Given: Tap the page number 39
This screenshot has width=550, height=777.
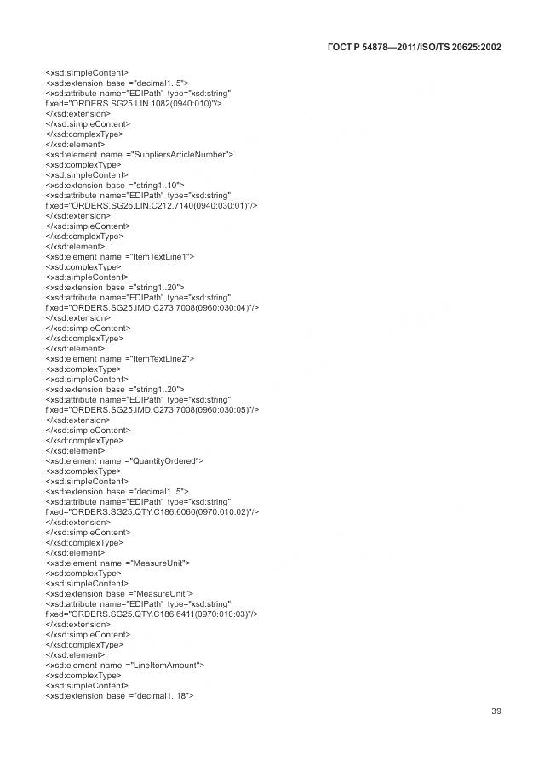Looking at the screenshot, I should (x=496, y=711).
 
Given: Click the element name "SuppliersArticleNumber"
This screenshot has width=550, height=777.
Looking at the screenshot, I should (x=180, y=154).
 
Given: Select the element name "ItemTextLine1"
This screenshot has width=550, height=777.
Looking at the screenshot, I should (x=160, y=256).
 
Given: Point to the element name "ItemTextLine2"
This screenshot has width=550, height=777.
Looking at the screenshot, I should (x=160, y=358).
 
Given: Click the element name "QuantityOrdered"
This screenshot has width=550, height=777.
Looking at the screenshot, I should (x=165, y=460).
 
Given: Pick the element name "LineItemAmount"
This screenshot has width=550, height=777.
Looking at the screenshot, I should (x=164, y=665).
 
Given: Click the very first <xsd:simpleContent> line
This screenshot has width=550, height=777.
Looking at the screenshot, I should (x=88, y=72).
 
